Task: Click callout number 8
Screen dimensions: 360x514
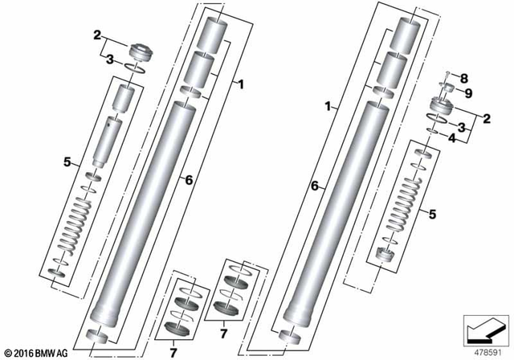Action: (463, 78)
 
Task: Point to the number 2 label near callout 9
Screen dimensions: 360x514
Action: (486, 118)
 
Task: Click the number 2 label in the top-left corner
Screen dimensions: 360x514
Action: (97, 35)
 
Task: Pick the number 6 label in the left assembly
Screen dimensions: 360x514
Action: (188, 182)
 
